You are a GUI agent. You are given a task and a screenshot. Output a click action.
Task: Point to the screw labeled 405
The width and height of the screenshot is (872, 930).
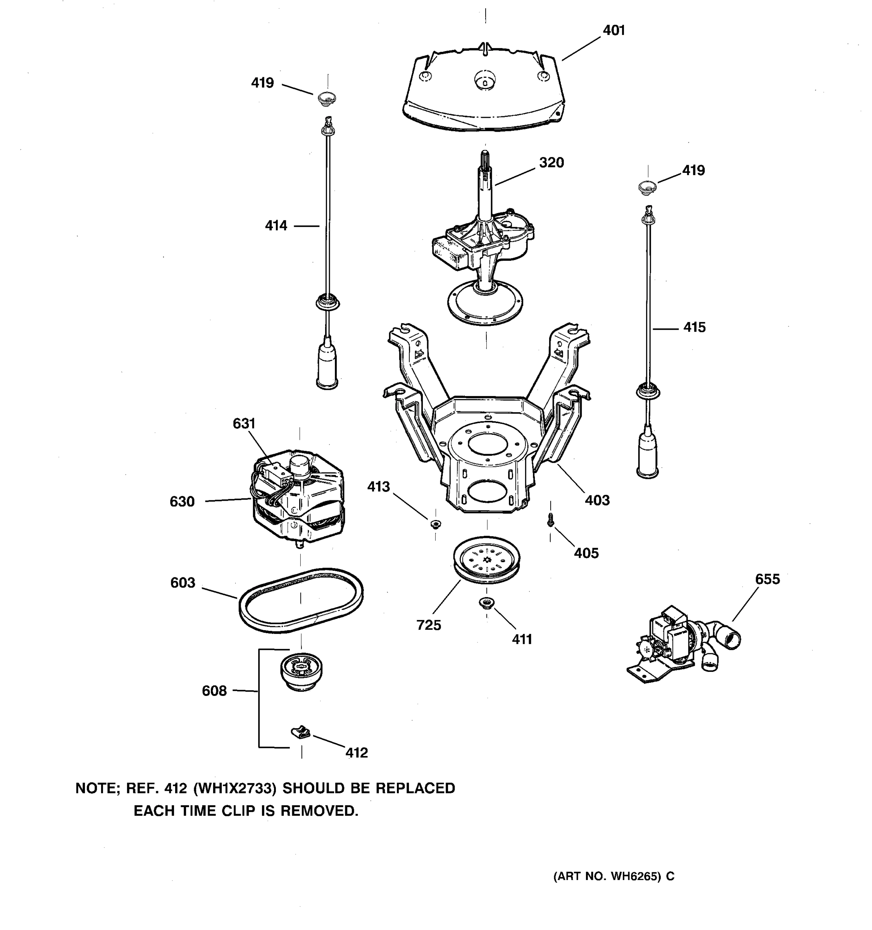(x=551, y=520)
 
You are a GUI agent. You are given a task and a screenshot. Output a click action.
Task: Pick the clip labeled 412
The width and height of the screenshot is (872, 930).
(x=301, y=732)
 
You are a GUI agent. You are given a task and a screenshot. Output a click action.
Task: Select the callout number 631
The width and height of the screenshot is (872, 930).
(x=244, y=424)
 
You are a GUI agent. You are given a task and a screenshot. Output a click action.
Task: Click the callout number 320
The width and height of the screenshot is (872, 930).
(x=551, y=163)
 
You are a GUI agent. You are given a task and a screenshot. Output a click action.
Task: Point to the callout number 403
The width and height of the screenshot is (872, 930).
(x=597, y=500)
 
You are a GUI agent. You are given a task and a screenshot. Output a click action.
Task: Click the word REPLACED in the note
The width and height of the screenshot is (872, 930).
(x=415, y=788)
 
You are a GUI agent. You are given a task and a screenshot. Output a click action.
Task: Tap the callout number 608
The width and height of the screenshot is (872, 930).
(x=214, y=691)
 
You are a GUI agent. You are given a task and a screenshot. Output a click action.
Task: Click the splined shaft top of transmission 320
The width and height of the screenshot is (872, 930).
(x=485, y=161)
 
